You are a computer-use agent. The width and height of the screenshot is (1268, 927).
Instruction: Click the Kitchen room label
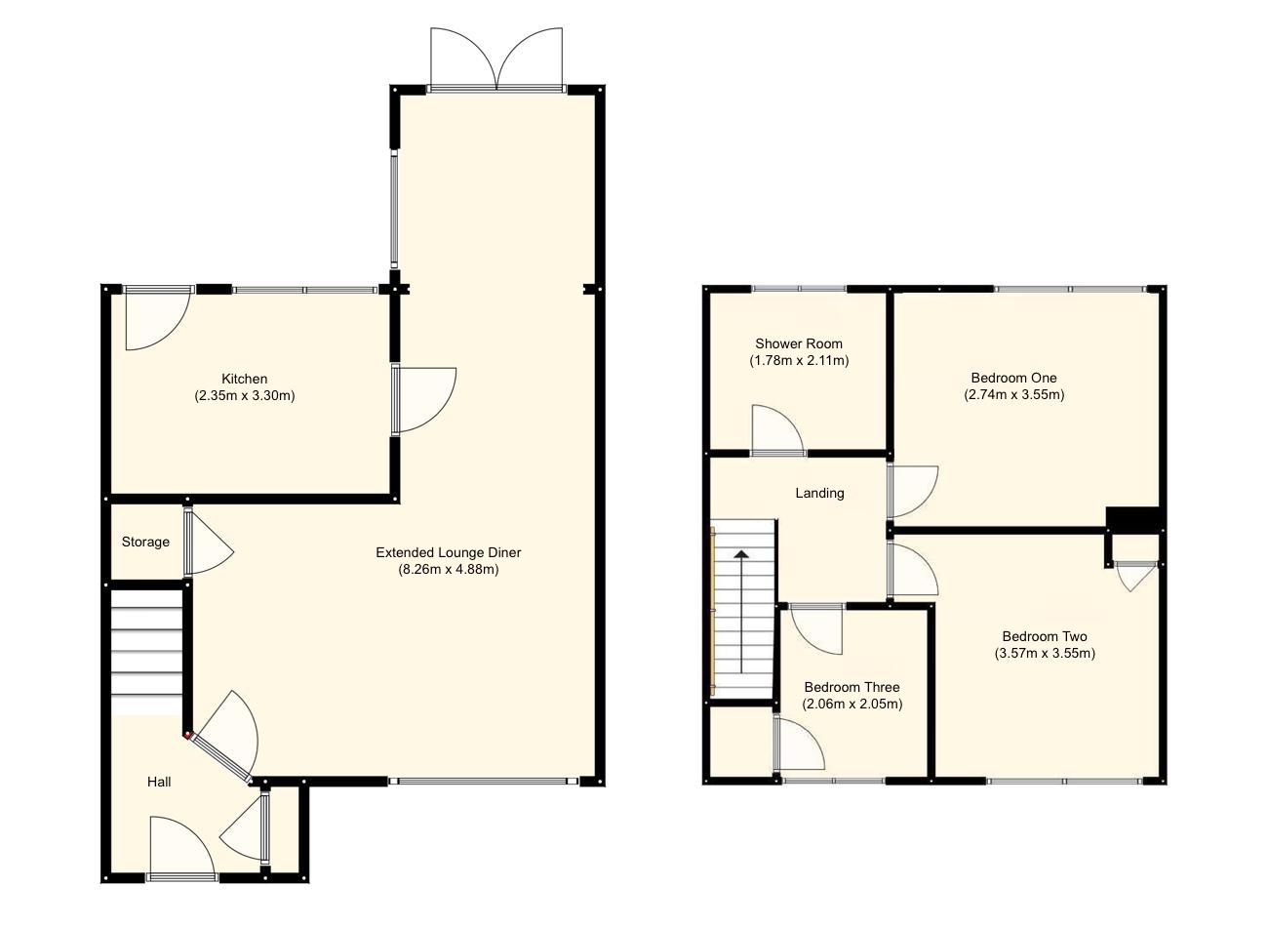click(x=244, y=379)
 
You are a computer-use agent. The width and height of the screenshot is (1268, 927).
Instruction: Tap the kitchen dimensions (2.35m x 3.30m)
click(x=244, y=396)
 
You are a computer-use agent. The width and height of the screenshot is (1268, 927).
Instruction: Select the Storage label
click(x=145, y=542)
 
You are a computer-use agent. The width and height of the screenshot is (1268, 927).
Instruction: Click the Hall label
click(x=159, y=782)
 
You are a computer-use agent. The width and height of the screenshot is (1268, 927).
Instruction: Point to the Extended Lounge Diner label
click(x=449, y=552)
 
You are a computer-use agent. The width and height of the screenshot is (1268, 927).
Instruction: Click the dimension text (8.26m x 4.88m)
click(x=449, y=570)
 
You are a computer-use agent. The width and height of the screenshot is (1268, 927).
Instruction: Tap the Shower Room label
click(x=799, y=343)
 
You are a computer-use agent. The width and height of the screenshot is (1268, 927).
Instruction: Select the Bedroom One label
click(x=1013, y=378)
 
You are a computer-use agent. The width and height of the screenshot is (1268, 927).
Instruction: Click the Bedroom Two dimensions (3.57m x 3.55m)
click(x=1045, y=654)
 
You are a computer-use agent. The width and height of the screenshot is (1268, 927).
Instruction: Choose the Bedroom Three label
click(x=852, y=687)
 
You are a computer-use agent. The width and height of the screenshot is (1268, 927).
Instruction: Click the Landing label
click(x=819, y=493)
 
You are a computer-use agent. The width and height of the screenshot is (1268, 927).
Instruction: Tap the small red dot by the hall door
click(x=186, y=736)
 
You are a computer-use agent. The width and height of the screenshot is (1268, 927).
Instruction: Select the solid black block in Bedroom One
click(x=1131, y=519)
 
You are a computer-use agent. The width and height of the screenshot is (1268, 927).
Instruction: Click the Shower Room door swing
click(x=777, y=431)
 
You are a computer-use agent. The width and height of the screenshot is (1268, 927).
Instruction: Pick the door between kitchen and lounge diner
click(x=424, y=398)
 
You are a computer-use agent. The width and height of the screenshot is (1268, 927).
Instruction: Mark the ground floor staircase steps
click(x=146, y=650)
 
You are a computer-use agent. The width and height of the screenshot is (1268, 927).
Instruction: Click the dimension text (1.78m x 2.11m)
click(x=799, y=361)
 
